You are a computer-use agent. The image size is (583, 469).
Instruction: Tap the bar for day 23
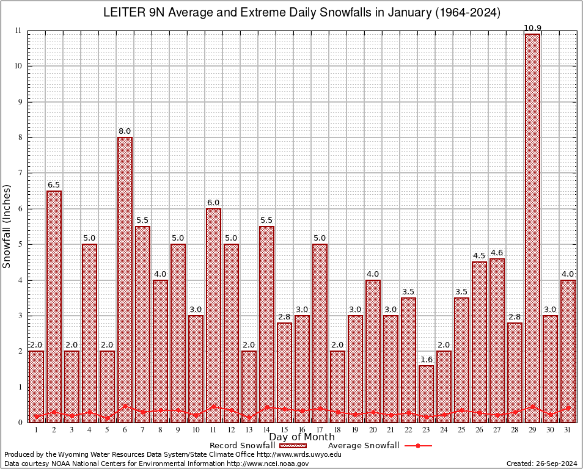[426, 393]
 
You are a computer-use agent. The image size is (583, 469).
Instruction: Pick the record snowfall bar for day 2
[54, 306]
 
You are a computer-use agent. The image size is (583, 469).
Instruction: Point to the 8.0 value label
[125, 131]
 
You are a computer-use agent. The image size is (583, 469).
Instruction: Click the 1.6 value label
[426, 360]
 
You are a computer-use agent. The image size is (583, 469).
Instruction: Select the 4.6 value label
[497, 253]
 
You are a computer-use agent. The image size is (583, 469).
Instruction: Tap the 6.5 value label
[54, 185]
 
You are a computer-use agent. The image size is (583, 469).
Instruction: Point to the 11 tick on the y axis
[19, 31]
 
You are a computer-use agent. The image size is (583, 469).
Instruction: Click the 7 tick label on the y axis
[20, 173]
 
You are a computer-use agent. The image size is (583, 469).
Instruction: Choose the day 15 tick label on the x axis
[284, 430]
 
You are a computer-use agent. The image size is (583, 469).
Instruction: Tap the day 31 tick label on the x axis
[568, 430]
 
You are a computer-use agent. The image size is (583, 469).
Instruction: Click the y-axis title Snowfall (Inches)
[7, 226]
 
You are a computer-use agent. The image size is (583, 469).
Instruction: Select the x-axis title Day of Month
[301, 437]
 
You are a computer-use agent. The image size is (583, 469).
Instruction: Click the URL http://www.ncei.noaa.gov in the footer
[268, 464]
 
